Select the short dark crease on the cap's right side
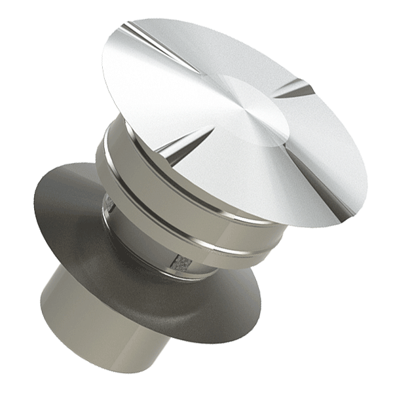pyautogui.click(x=298, y=88)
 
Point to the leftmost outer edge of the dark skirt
pyautogui.click(x=31, y=216)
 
